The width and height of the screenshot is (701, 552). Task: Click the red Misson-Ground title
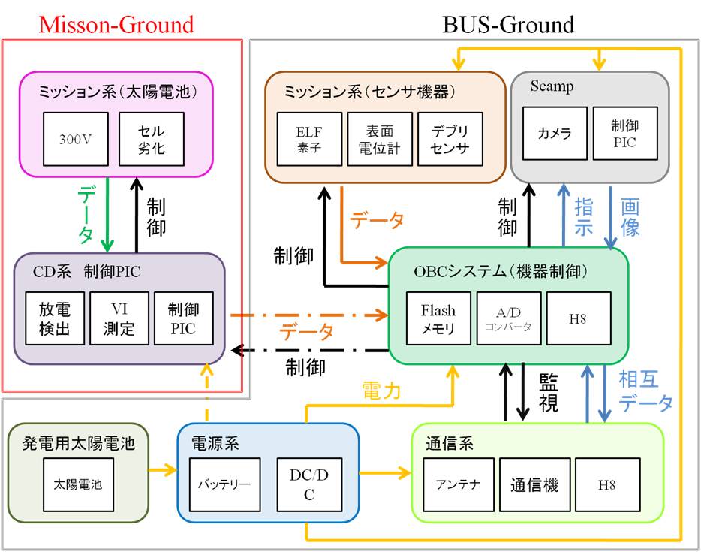tap(116, 24)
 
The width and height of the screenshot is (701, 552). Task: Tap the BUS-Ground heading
tap(508, 24)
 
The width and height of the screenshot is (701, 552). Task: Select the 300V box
tap(76, 139)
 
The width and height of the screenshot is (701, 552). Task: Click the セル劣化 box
tap(152, 139)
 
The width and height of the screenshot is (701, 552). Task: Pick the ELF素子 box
tap(309, 139)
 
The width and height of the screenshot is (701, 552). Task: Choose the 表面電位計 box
tap(380, 139)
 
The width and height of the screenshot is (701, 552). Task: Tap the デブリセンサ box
tap(450, 139)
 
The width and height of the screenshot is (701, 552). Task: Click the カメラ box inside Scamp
tap(555, 133)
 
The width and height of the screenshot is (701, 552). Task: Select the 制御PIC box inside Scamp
tap(625, 133)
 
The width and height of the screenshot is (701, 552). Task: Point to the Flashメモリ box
tap(438, 318)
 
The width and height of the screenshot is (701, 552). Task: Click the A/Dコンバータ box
tap(509, 318)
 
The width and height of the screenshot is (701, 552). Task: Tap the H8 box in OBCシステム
tap(579, 318)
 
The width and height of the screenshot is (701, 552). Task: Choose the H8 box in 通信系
tap(608, 485)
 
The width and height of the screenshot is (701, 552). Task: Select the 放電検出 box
tap(55, 318)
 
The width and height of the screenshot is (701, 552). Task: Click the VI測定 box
tap(119, 318)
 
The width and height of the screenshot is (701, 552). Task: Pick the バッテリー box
tap(225, 485)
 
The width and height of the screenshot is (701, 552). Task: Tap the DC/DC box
tap(309, 485)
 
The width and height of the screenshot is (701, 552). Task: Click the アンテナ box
tap(459, 485)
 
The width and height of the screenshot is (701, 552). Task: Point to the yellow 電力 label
tap(381, 391)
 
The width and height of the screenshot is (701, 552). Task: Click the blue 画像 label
tap(630, 217)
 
